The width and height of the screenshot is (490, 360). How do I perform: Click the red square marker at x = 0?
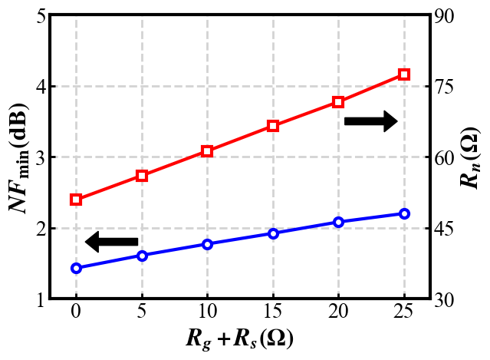pyautogui.click(x=76, y=200)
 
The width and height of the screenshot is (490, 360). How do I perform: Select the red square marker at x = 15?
pyautogui.click(x=273, y=126)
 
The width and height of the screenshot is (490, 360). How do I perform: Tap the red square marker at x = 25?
pyautogui.click(x=404, y=74)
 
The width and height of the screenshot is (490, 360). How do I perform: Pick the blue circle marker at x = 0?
pyautogui.click(x=76, y=268)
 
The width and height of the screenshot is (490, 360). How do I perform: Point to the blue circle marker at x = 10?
pyautogui.click(x=207, y=244)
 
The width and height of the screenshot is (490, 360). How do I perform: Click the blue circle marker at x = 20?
pyautogui.click(x=338, y=222)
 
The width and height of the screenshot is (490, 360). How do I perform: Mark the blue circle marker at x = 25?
pyautogui.click(x=404, y=213)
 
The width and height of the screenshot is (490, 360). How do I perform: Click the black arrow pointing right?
pyautogui.click(x=370, y=121)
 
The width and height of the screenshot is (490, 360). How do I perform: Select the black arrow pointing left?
pyautogui.click(x=112, y=243)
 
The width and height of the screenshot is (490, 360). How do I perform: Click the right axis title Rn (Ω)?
pyautogui.click(x=467, y=158)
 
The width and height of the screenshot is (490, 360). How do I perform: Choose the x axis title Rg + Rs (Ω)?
pyautogui.click(x=239, y=339)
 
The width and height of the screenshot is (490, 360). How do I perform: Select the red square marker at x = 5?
pyautogui.click(x=142, y=176)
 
